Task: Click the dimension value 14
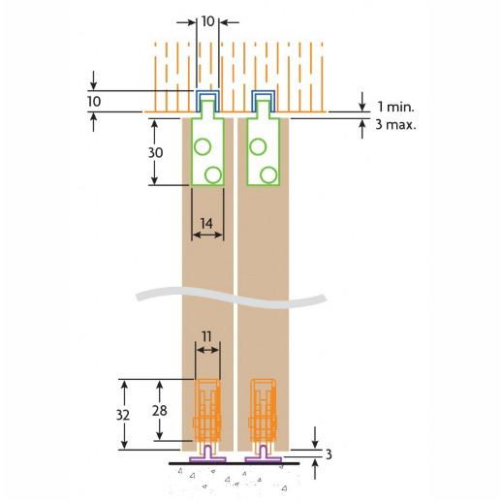point(206,223)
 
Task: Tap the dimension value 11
point(206,336)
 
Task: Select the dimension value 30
point(155,152)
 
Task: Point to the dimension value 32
point(123,415)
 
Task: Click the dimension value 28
point(160,411)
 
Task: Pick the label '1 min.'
point(395,107)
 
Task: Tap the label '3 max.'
point(395,124)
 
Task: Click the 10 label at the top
point(207,21)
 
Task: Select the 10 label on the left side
point(94,102)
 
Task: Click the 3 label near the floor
point(329,455)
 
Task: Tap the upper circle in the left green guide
point(203,147)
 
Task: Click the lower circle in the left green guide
point(213,175)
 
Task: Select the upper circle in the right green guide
point(258,147)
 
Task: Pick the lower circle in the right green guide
point(268,175)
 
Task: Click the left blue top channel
point(208,92)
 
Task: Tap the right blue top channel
point(264,92)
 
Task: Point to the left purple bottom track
point(207,458)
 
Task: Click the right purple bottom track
point(264,458)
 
